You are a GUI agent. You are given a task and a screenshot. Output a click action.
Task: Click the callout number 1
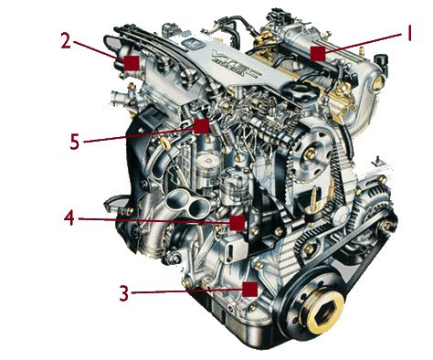tap(409, 33)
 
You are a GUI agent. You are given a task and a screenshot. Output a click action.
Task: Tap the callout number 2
tap(66, 41)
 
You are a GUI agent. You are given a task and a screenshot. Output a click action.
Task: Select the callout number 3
tap(123, 293)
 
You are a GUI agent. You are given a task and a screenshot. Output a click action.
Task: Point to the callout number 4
tap(69, 218)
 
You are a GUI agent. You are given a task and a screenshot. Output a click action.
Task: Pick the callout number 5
tap(75, 142)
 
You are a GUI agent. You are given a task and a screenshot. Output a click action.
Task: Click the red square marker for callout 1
tap(318, 54)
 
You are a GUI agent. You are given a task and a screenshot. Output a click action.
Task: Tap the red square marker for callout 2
tap(132, 63)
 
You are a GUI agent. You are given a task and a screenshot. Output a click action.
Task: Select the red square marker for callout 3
tap(250, 289)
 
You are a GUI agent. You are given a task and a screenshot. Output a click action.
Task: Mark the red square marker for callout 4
tap(238, 223)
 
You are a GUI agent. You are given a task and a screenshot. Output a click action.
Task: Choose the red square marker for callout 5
tap(202, 126)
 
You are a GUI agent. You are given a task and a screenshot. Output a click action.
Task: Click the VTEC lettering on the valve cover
tap(235, 63)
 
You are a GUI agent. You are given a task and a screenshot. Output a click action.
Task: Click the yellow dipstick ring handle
tap(166, 143)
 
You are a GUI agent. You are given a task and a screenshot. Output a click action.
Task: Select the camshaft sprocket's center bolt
tap(310, 154)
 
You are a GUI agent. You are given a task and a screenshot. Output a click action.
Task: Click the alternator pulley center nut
tap(386, 226)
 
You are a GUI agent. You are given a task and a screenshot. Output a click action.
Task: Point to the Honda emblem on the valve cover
tap(191, 44)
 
